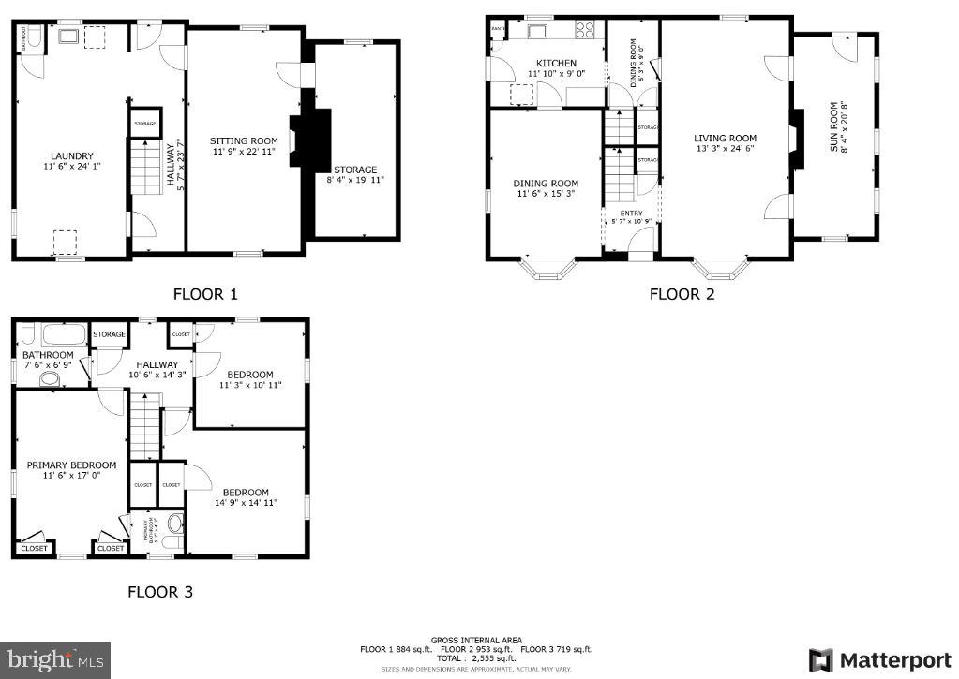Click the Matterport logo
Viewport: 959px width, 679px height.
coord(880,659)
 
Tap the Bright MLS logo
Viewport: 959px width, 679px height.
coord(55,659)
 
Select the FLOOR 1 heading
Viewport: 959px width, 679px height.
coord(205,294)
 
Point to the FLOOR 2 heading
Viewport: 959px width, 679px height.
coord(682,294)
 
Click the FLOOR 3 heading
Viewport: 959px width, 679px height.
coord(160,592)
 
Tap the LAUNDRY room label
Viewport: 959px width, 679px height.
coord(71,156)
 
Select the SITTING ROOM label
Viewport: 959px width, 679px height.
coord(243,140)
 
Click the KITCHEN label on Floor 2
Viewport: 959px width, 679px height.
coord(555,63)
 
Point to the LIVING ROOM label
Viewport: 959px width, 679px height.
coord(725,138)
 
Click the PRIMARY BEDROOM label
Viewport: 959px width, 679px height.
coord(71,465)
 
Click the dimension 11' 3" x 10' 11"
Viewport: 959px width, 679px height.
coord(249,385)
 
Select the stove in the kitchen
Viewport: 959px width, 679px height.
coord(585,29)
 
